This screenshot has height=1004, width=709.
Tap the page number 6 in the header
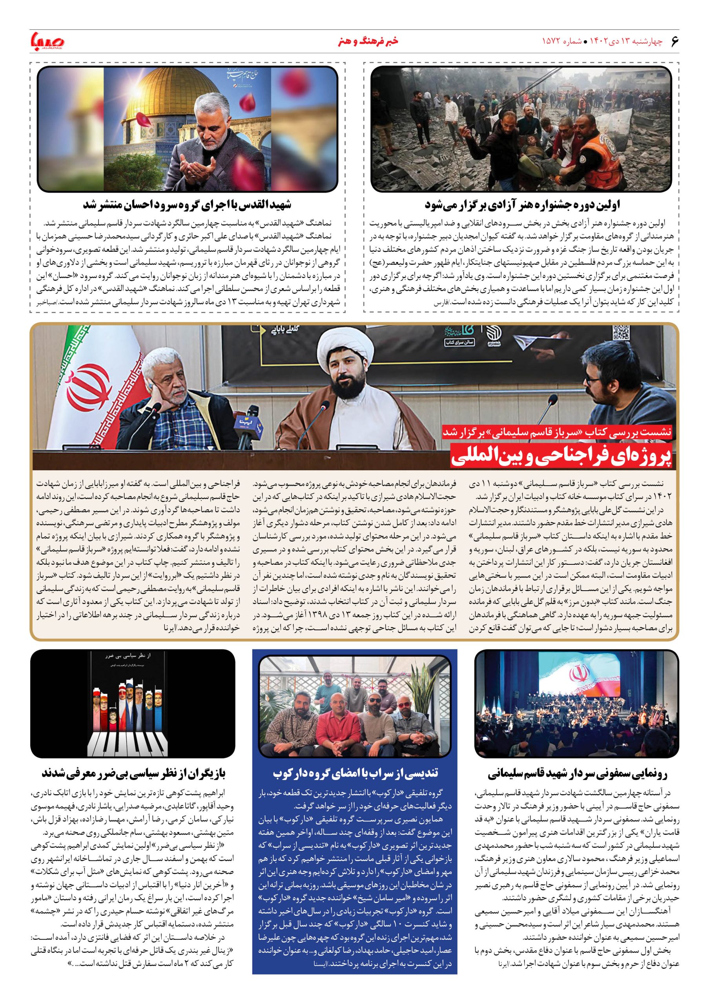tap(674, 42)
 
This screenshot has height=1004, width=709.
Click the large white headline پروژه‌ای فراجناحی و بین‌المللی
tap(562, 456)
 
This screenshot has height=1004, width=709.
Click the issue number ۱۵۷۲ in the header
tap(553, 42)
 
